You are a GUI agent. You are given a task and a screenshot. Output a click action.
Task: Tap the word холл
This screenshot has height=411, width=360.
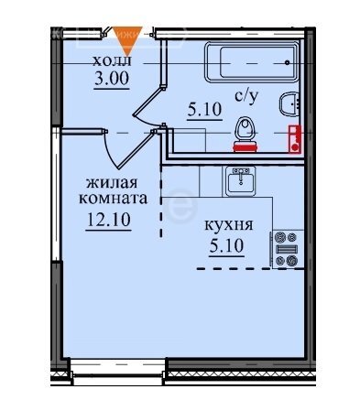(x=112, y=60)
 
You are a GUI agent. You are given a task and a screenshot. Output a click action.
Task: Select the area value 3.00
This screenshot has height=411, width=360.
(x=111, y=79)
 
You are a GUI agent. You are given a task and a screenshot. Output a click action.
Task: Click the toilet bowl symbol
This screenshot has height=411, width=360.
(x=245, y=128)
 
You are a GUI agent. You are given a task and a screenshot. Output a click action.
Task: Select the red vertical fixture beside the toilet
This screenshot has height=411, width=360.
(x=294, y=137)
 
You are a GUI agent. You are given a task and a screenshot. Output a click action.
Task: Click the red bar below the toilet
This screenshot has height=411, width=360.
(x=245, y=145)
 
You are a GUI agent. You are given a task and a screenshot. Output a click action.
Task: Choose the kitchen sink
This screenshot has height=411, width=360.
(x=241, y=179)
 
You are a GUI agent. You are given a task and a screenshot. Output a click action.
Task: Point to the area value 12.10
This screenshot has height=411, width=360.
(x=106, y=221)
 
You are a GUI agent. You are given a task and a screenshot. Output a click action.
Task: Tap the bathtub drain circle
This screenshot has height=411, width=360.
(x=288, y=61)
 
